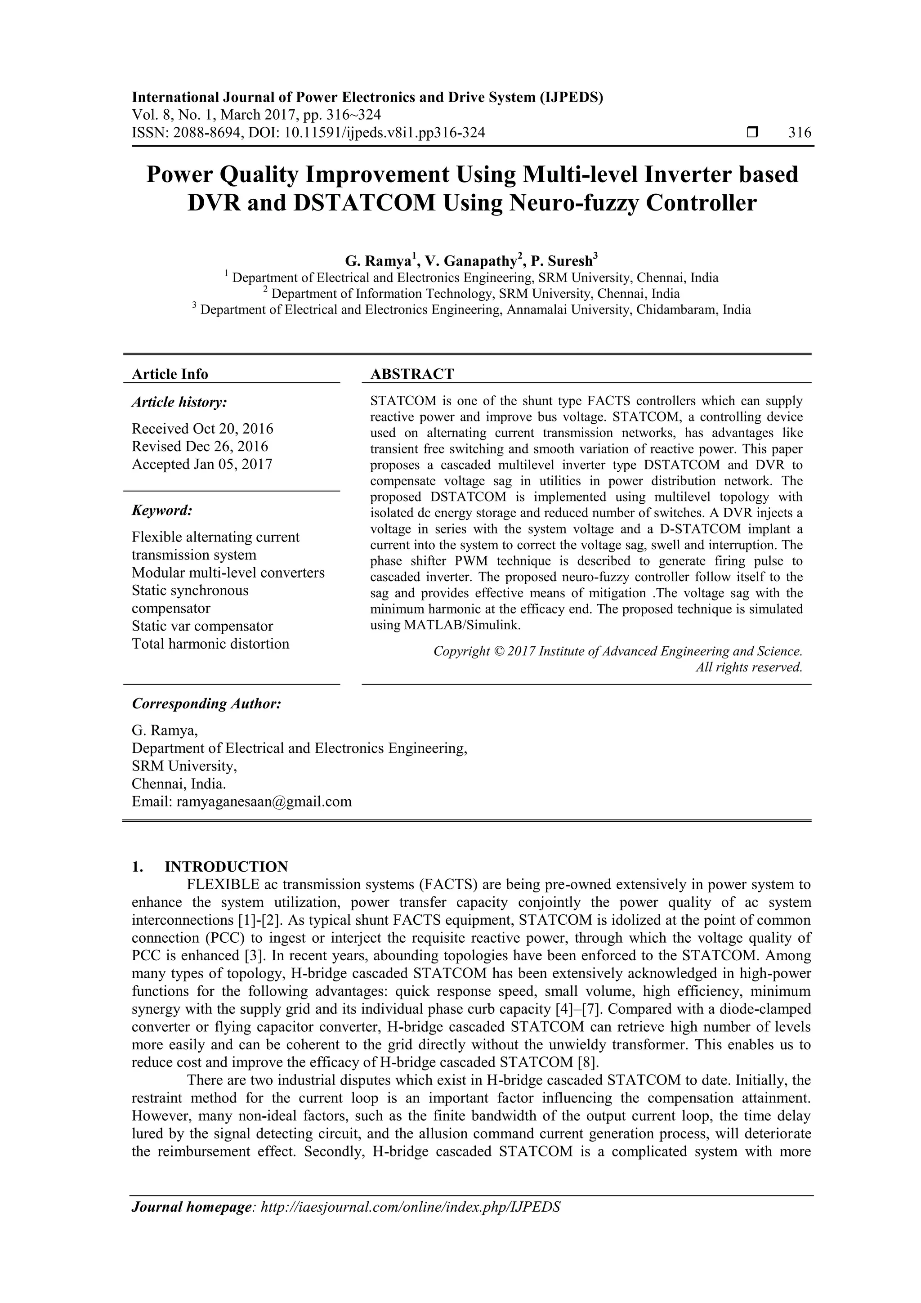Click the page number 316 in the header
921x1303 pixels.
tap(800, 133)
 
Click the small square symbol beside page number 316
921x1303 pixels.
tap(752, 133)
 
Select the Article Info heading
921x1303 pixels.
tap(170, 374)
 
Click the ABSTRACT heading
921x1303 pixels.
tap(412, 374)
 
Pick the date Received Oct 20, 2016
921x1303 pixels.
tap(202, 429)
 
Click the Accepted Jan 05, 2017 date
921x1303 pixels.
tap(202, 464)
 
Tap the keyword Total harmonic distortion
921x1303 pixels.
tap(210, 644)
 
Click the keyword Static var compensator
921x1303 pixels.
tap(202, 626)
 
